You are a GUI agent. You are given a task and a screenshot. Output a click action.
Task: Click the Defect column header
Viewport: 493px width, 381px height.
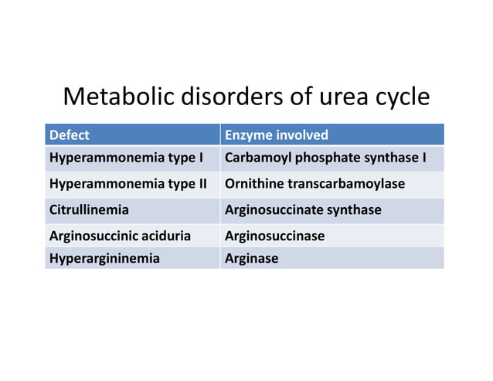(70, 135)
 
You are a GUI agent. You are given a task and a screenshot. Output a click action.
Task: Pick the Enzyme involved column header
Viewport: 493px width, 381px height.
(277, 135)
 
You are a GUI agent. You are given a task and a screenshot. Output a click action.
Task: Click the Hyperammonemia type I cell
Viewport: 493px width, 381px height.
(126, 159)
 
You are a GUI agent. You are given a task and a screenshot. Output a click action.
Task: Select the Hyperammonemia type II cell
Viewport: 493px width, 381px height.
(129, 185)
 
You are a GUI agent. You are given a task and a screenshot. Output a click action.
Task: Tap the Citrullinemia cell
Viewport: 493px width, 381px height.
(89, 209)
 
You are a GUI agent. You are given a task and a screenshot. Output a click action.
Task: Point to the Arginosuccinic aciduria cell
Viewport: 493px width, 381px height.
(120, 236)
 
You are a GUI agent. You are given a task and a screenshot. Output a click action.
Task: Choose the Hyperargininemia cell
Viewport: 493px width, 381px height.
(104, 258)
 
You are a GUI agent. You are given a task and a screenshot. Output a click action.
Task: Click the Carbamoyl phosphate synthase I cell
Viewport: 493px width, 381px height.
(325, 159)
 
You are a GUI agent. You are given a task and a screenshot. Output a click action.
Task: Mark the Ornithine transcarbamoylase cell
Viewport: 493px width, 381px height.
(314, 185)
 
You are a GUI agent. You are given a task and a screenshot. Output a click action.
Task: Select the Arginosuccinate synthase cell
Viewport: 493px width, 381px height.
(302, 209)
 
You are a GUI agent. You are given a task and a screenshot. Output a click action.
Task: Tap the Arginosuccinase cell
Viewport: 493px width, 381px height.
(274, 236)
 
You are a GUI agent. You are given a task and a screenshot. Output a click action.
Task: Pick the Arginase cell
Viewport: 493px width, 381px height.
(251, 258)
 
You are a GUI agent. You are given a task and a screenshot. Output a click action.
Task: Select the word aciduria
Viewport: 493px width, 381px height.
(163, 236)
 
